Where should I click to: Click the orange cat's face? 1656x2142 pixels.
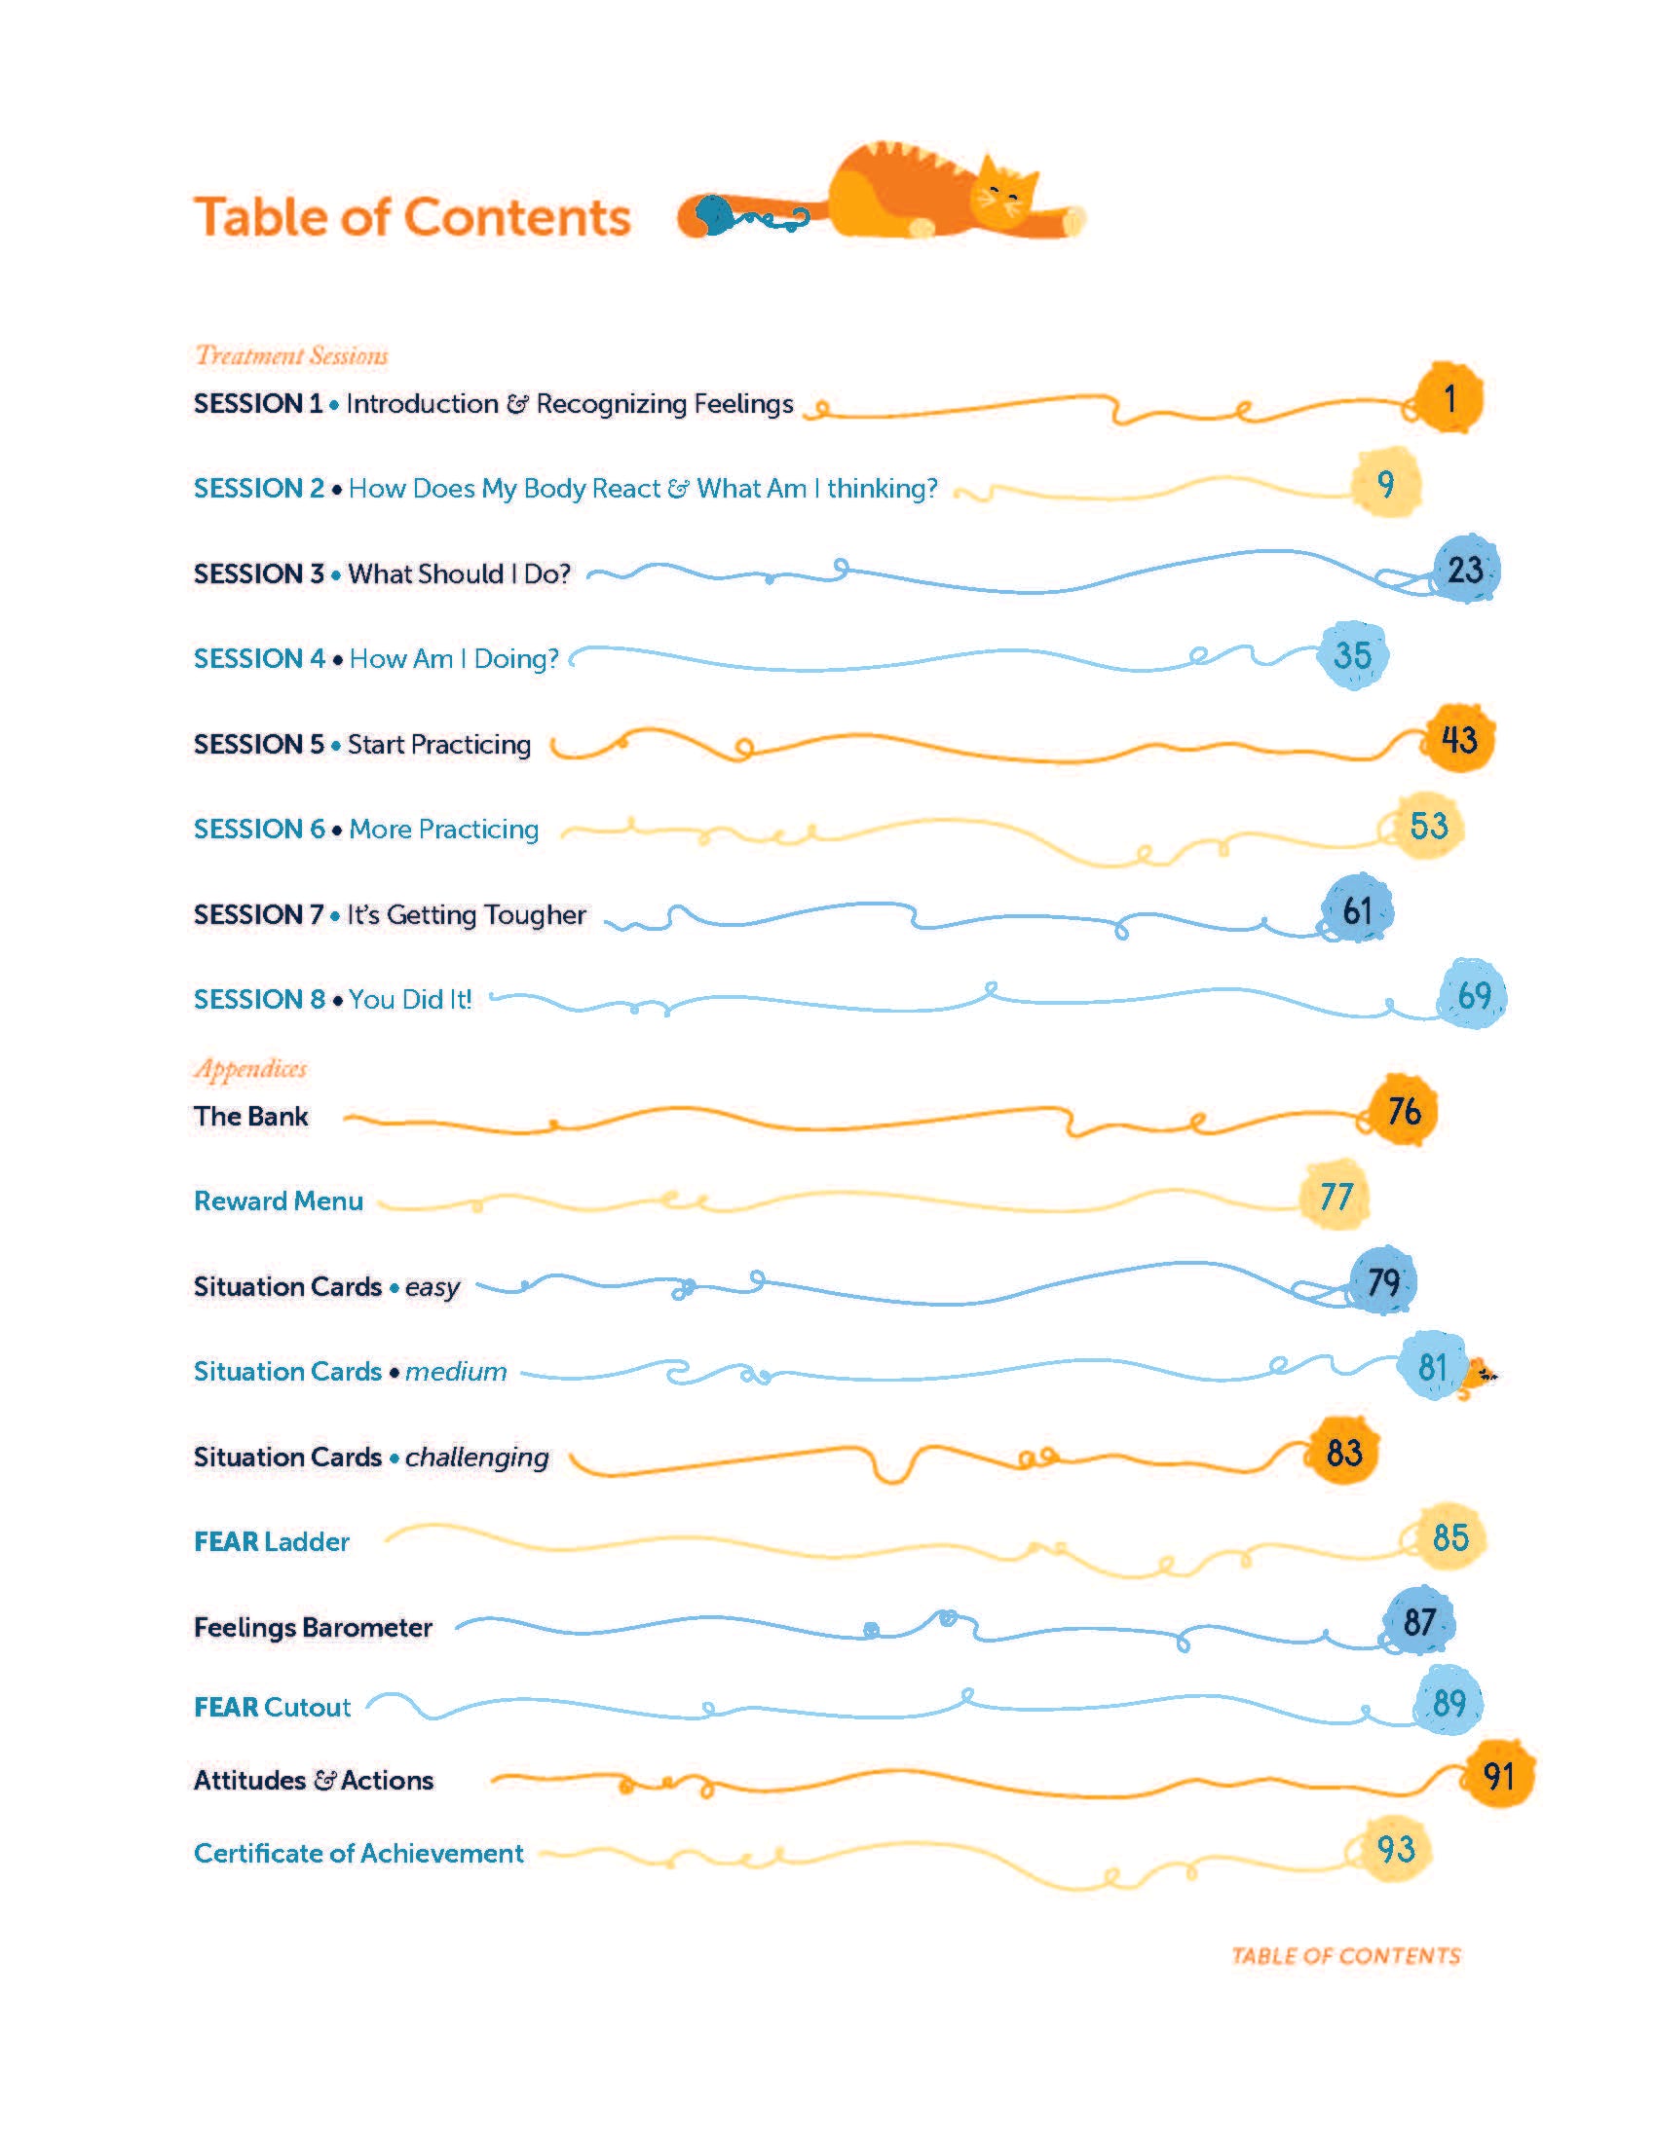point(1002,193)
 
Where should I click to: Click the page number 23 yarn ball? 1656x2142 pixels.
point(1466,570)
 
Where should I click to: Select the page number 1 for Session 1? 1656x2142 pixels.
point(1449,399)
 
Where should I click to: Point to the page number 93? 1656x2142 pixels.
point(1395,1849)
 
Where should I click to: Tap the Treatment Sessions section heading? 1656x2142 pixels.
point(291,355)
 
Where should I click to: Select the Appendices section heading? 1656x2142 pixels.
point(250,1068)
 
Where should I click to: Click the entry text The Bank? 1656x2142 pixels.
point(251,1116)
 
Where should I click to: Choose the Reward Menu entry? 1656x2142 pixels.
point(279,1201)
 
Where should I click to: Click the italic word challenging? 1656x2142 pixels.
point(476,1458)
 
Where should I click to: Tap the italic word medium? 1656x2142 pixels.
point(456,1371)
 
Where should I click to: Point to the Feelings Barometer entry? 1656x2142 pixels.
point(313,1627)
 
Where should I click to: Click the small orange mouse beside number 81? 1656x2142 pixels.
point(1479,1373)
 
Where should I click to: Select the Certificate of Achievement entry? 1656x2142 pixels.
point(359,1853)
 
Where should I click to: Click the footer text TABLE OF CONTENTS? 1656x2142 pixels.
point(1346,1956)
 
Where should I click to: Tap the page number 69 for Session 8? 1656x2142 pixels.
point(1474,995)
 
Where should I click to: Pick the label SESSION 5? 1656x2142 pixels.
point(259,745)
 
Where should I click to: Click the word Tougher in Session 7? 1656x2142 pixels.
point(535,915)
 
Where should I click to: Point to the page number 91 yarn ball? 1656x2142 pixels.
point(1498,1776)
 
